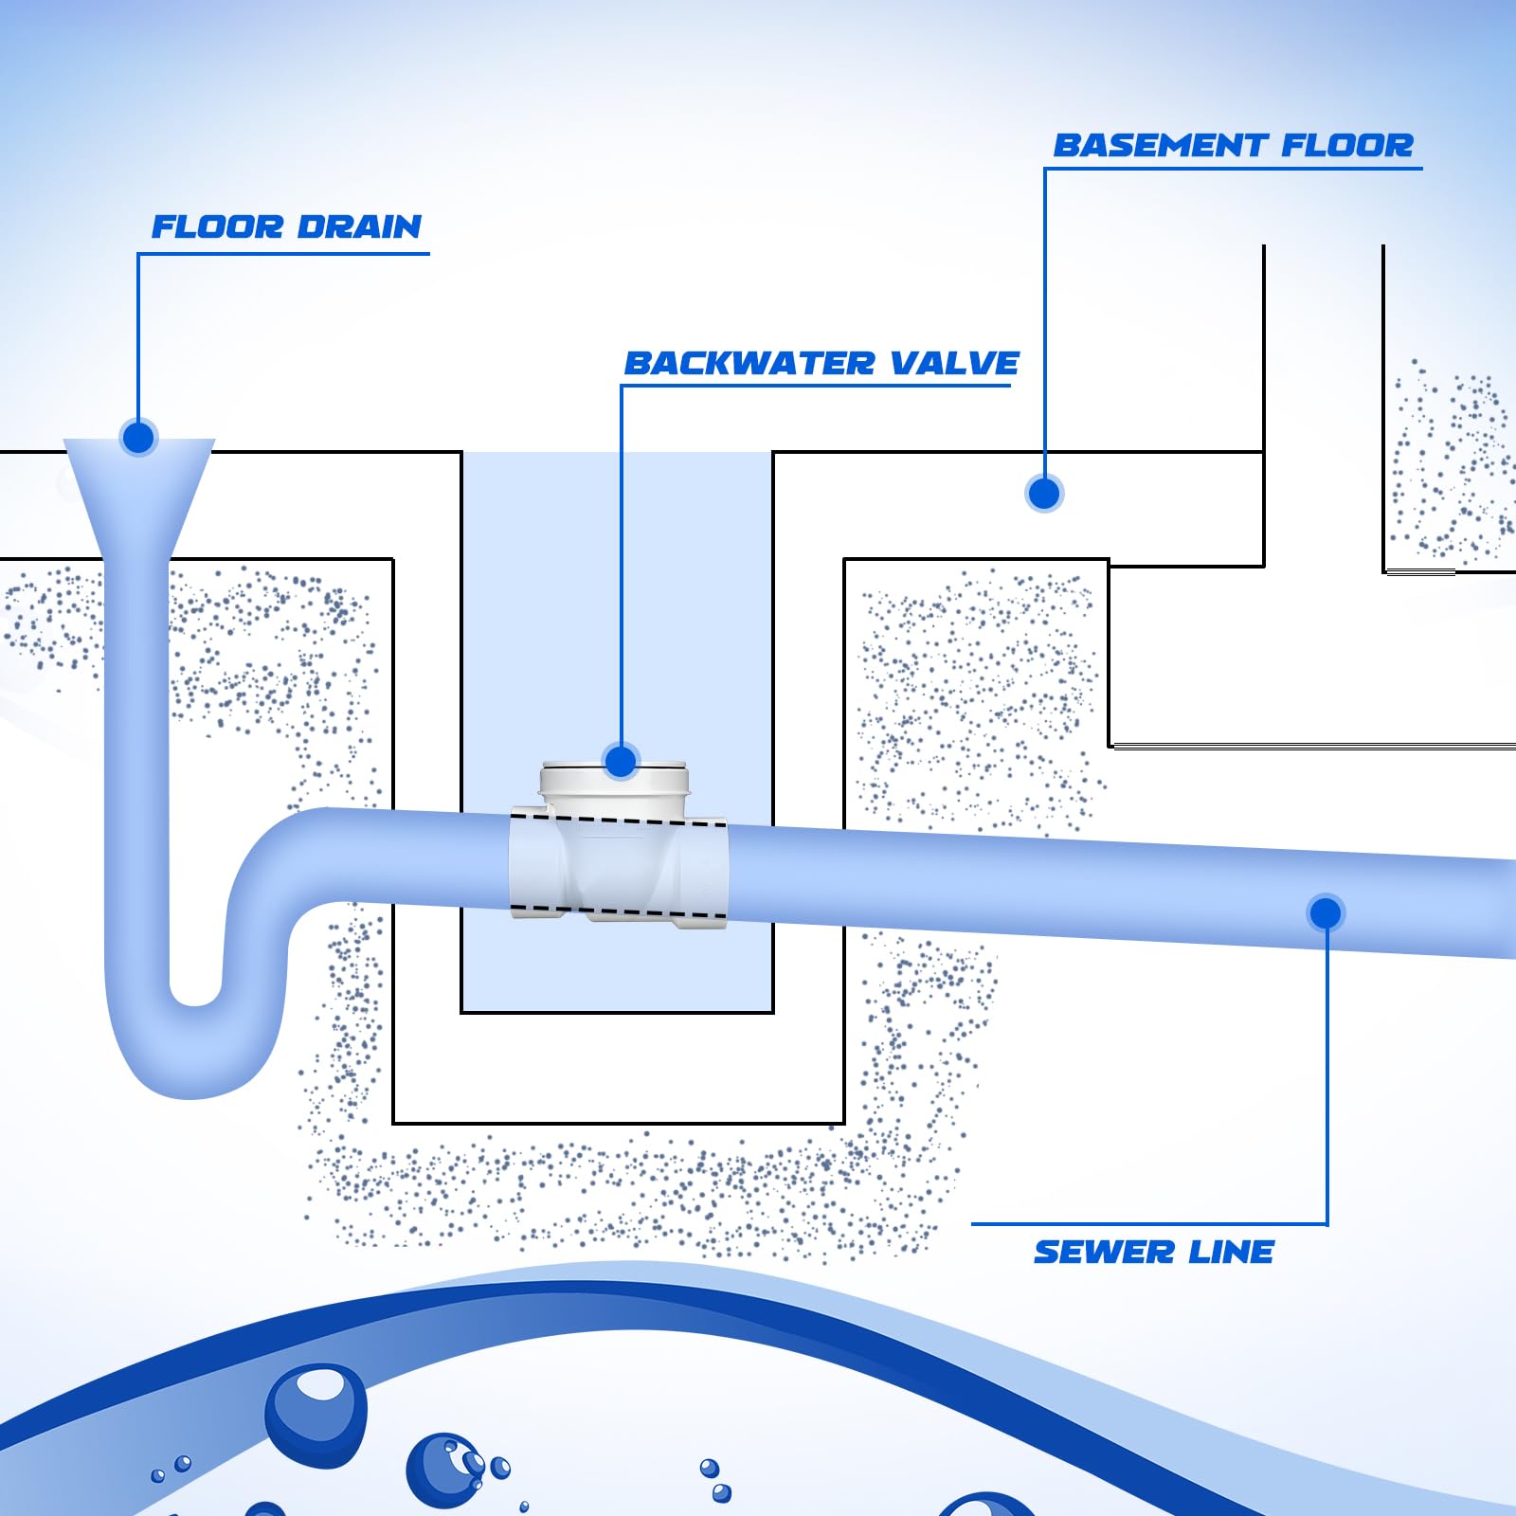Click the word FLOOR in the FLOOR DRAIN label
(x=217, y=227)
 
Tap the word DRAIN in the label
(x=359, y=227)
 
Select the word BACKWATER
(x=749, y=364)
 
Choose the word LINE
(x=1231, y=1253)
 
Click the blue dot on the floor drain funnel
(x=138, y=438)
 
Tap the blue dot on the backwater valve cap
(x=621, y=761)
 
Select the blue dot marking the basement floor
(x=1044, y=494)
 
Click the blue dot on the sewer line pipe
(x=1326, y=912)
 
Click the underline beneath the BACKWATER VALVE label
(x=815, y=386)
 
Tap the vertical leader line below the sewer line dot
(x=1326, y=1071)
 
